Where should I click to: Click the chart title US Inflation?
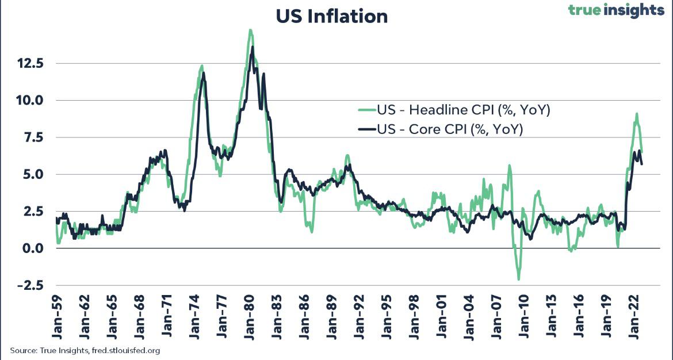(331, 16)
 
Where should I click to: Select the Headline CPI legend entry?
(454, 110)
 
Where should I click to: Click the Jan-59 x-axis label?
(58, 319)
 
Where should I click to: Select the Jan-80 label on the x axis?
(250, 319)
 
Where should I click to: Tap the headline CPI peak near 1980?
(250, 30)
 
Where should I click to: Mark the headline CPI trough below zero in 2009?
(519, 279)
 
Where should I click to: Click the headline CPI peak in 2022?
(637, 114)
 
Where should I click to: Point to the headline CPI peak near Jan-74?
(202, 66)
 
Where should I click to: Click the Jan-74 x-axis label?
(195, 319)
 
